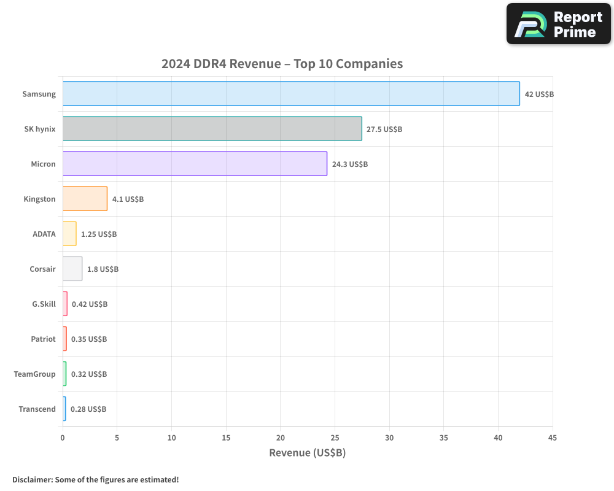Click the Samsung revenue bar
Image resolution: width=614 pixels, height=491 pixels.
[x=291, y=94]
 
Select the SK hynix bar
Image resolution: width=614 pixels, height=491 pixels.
[x=212, y=129]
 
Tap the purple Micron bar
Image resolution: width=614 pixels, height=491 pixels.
[x=195, y=164]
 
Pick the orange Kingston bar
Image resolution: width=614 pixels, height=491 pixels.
[x=85, y=199]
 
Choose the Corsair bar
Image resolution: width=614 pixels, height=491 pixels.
[x=72, y=269]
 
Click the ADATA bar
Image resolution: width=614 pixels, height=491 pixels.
[x=69, y=234]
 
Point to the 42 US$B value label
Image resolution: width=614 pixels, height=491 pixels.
[x=539, y=95]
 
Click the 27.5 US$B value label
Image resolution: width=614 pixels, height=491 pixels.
[x=384, y=130]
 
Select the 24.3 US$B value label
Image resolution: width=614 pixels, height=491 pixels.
[x=350, y=164]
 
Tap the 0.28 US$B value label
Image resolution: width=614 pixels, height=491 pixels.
[x=88, y=409]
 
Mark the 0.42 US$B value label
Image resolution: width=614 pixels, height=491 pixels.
[x=90, y=304]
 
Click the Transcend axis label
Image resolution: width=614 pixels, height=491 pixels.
[x=37, y=409]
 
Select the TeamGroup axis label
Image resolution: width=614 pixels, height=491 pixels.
[x=35, y=374]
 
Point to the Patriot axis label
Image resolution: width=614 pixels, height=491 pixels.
[x=43, y=339]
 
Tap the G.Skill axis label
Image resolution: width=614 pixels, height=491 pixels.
[x=44, y=304]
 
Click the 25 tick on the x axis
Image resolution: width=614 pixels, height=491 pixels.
[x=335, y=438]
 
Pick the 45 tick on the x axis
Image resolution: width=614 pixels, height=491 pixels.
[x=552, y=438]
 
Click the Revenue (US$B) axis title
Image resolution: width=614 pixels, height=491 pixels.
[x=307, y=453]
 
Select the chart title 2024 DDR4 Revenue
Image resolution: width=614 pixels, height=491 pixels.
[x=282, y=64]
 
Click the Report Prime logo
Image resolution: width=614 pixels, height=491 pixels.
[x=558, y=24]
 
